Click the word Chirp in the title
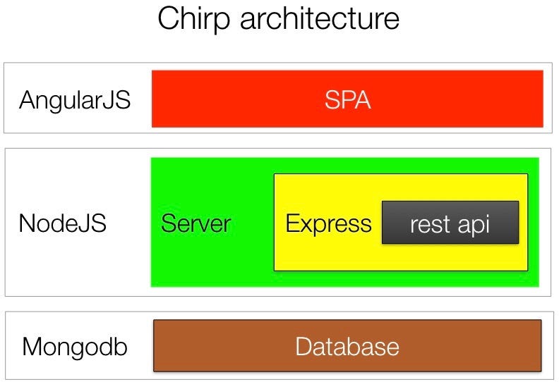coord(194,19)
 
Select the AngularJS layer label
coord(75,100)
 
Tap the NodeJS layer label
coord(63,223)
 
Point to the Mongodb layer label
coord(75,347)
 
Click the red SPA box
coord(347,99)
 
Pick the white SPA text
coord(347,99)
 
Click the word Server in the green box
coord(196,223)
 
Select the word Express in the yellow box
coord(328,224)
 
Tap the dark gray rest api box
coord(450,223)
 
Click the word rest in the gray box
coord(430,225)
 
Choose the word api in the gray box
coord(474,225)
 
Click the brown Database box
coord(347,345)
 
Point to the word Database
coord(347,346)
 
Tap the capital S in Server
coord(169,223)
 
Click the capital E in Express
coord(292,223)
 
